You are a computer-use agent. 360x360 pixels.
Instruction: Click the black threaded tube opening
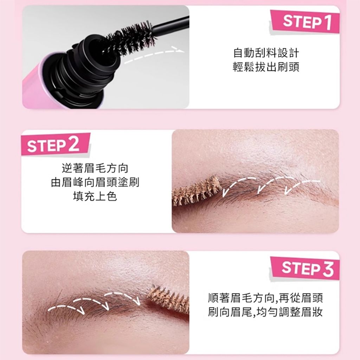[x=92, y=69]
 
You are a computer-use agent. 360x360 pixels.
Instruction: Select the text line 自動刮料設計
[x=266, y=53]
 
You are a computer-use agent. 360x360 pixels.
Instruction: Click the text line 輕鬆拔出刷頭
[x=266, y=67]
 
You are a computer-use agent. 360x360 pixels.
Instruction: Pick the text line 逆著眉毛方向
[x=95, y=168]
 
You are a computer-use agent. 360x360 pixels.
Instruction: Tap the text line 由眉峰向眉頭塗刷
[x=95, y=182]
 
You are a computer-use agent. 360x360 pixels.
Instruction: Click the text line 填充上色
[x=95, y=196]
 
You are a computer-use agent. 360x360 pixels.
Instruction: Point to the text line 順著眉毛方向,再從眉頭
[x=265, y=298]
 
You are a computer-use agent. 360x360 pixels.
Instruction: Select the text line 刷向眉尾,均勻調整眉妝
[x=265, y=312]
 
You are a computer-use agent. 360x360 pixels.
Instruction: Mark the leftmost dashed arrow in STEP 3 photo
[x=66, y=307]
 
